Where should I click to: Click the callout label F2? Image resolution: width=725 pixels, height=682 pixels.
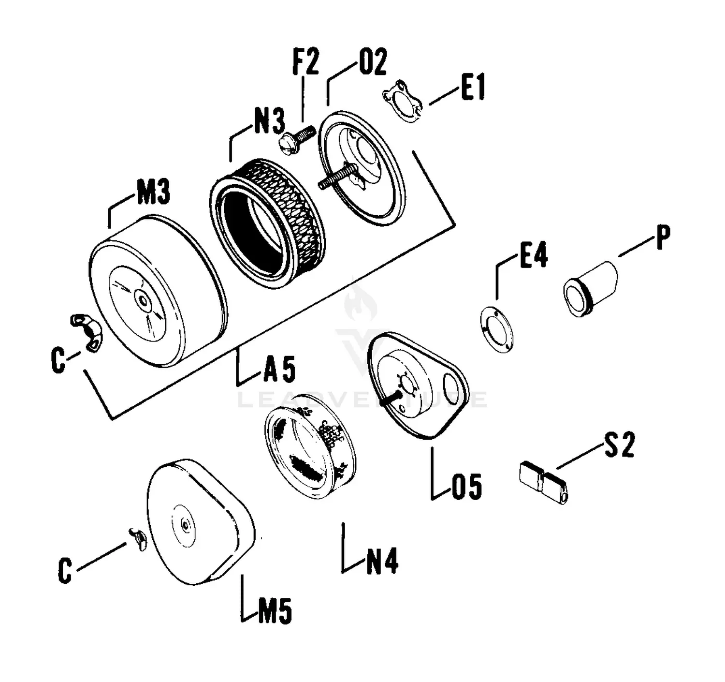306,62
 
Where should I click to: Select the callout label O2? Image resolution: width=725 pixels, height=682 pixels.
373,62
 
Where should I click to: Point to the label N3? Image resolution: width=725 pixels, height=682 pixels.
269,121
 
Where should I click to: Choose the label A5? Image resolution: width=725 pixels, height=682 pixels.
279,370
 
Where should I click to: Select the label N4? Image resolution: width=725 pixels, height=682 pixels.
382,562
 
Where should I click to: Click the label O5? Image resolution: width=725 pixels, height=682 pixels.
467,487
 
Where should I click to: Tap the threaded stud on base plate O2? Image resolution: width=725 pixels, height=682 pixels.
337,177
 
